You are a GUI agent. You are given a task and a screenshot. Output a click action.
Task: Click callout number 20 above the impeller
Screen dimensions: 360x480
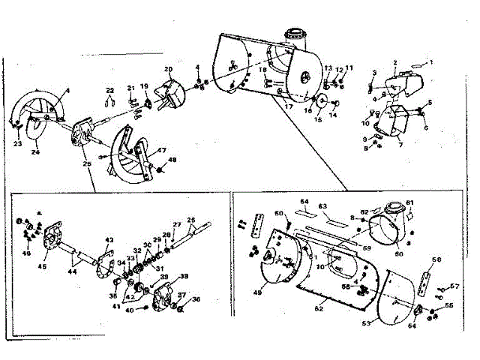coord(169,70)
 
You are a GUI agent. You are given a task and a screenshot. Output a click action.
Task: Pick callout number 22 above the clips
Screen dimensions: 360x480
coord(109,91)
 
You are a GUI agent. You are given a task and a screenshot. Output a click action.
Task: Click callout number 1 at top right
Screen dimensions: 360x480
coord(430,61)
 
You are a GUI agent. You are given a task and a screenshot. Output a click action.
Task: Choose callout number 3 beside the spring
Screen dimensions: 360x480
coord(373,72)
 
